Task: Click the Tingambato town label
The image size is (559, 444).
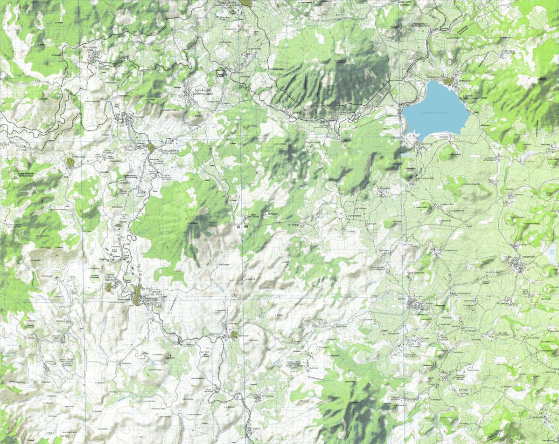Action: [x=227, y=3]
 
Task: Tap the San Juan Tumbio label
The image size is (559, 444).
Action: [x=407, y=3]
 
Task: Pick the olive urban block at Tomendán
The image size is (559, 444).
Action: [x=233, y=335]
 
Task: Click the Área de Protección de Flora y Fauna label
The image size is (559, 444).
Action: [x=27, y=175]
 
